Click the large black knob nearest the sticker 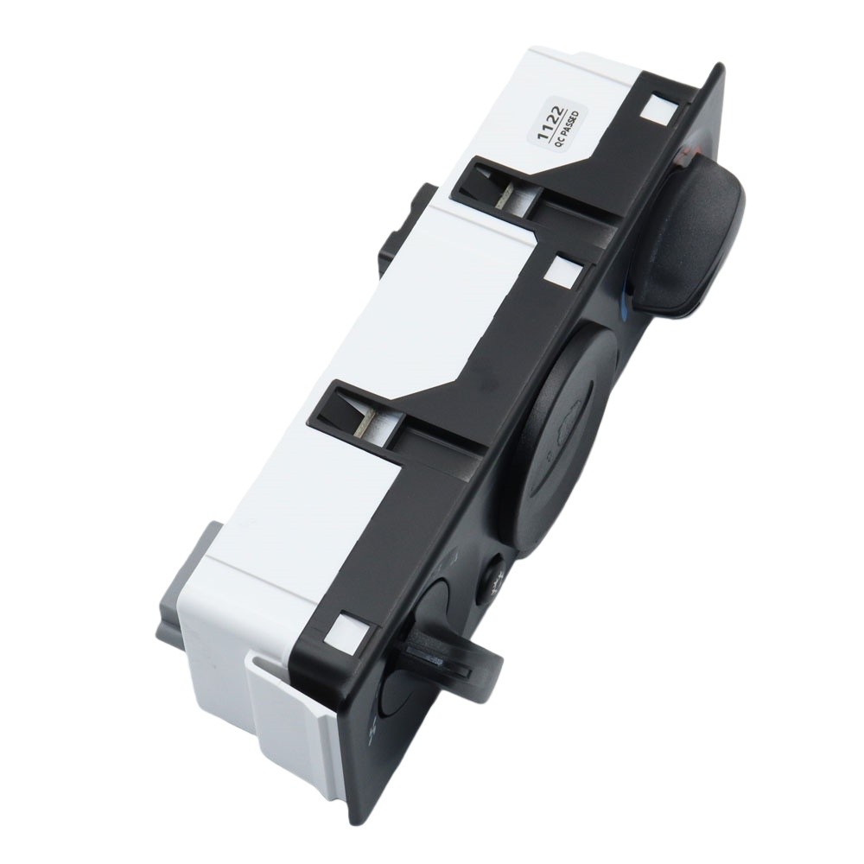tap(697, 231)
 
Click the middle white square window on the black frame tap(562, 271)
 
